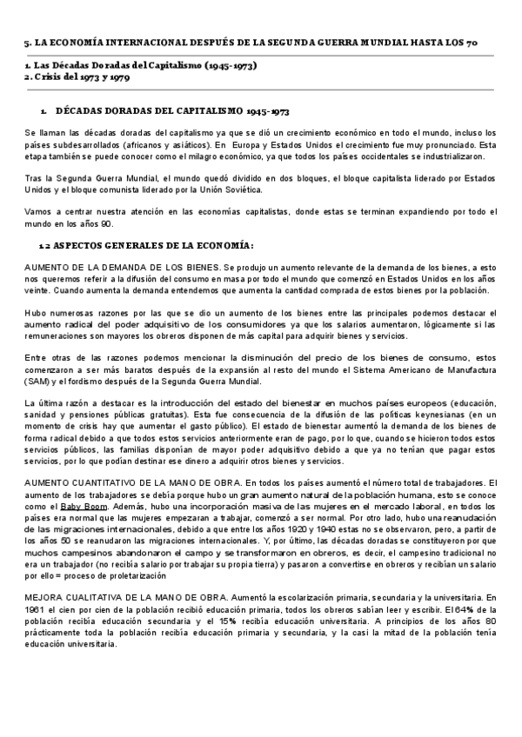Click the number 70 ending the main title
(x=492, y=42)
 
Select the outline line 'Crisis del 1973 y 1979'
(x=79, y=76)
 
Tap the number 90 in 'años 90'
(x=107, y=223)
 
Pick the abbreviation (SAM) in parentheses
(x=38, y=381)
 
